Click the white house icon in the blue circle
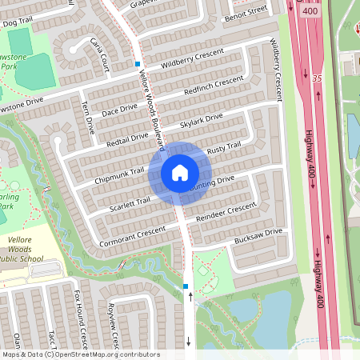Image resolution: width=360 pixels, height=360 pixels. tap(180, 172)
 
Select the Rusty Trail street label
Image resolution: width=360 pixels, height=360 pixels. tap(223, 149)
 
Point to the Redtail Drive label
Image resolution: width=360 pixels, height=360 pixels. tap(127, 140)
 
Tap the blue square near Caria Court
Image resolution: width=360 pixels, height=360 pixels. tap(138, 63)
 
